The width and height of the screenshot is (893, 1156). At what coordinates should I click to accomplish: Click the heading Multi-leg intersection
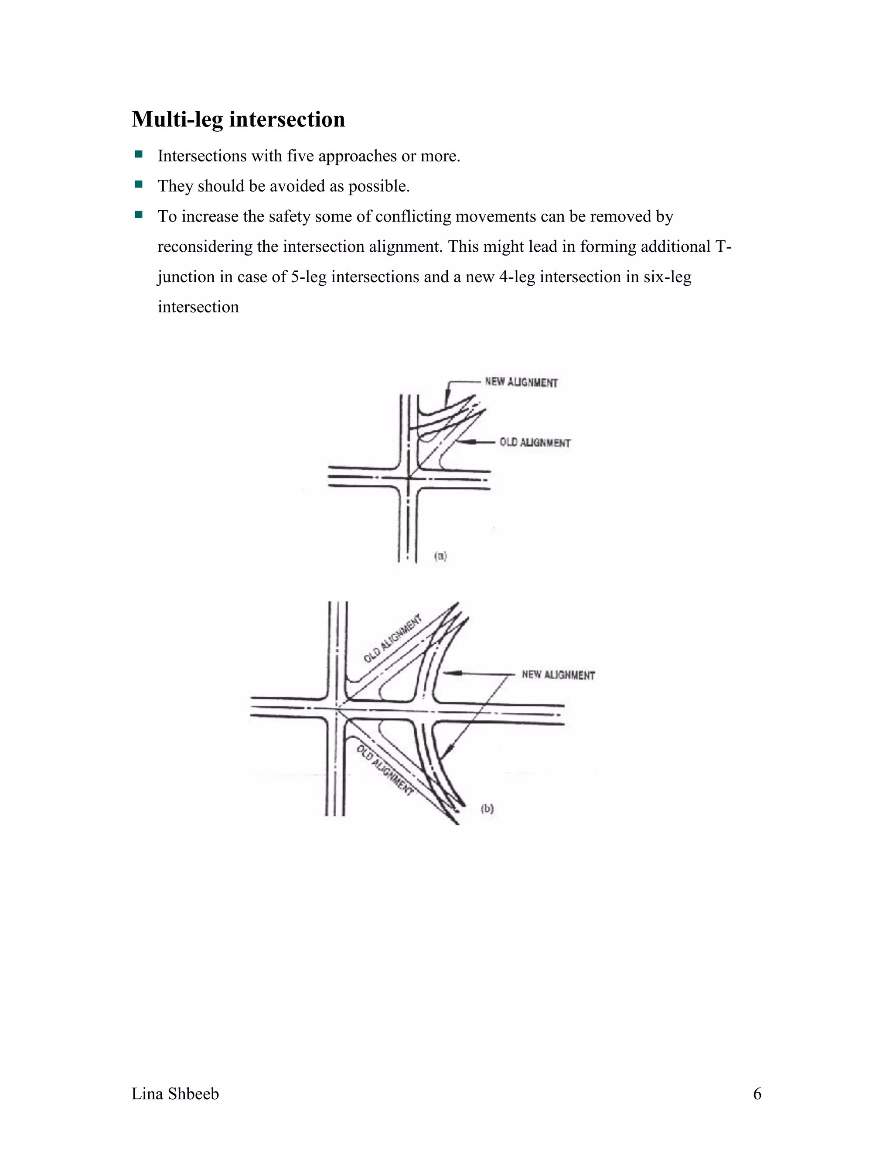(x=238, y=120)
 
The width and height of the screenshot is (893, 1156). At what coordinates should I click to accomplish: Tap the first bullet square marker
(x=139, y=154)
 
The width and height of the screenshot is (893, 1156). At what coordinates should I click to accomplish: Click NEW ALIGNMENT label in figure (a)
(x=521, y=382)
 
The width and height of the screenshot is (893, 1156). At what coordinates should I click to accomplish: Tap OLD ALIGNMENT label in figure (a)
(x=535, y=442)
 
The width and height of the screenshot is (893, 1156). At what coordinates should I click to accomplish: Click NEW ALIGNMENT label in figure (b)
(x=558, y=675)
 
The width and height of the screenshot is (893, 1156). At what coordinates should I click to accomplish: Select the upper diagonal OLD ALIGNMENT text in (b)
(x=392, y=638)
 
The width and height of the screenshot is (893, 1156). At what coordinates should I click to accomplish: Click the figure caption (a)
(x=440, y=556)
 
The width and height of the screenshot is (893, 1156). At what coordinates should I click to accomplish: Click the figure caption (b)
(x=487, y=808)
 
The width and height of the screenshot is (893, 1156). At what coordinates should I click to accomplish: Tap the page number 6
(x=757, y=1094)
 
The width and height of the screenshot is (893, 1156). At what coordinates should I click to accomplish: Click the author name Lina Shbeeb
(x=175, y=1094)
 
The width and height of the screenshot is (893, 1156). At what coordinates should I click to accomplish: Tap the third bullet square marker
(x=139, y=215)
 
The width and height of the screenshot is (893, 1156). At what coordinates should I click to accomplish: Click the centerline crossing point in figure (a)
(x=409, y=478)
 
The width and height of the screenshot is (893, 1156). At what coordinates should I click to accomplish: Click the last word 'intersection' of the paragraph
(x=198, y=307)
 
